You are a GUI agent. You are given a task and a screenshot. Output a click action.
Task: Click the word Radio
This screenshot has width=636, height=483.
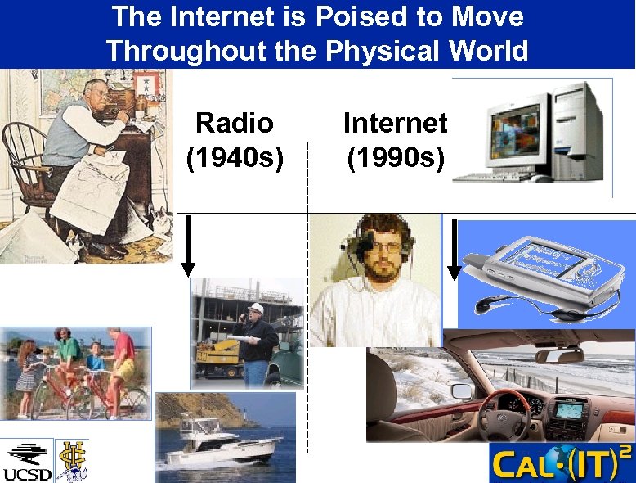point(235,124)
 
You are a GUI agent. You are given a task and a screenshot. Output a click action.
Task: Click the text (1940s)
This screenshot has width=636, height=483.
point(235,156)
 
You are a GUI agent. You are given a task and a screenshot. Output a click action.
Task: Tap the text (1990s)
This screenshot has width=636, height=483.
point(395,156)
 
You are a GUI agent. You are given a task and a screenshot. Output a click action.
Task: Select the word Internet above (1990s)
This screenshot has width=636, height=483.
point(395,124)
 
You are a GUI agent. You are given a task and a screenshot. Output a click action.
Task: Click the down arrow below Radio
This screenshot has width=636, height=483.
point(188,246)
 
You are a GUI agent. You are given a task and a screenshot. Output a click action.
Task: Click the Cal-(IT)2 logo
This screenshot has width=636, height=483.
point(560,463)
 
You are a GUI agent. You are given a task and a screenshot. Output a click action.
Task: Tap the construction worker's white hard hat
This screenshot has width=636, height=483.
point(256,309)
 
